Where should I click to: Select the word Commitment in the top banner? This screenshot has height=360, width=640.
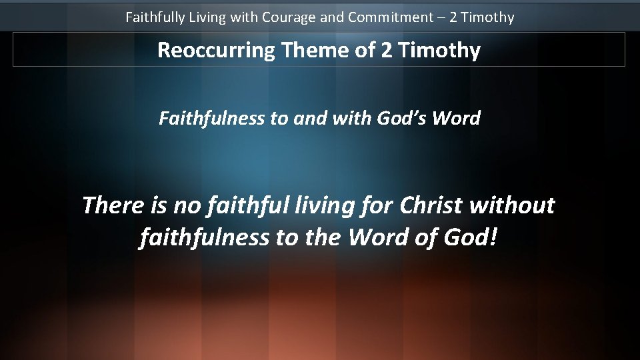point(390,17)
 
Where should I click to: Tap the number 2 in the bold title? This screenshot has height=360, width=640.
point(387,50)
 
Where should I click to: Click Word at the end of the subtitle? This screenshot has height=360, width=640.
point(456,119)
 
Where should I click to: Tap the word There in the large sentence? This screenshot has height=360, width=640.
point(112,205)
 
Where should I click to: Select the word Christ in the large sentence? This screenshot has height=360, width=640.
point(432,205)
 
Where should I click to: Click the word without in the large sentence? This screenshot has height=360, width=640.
point(512,205)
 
